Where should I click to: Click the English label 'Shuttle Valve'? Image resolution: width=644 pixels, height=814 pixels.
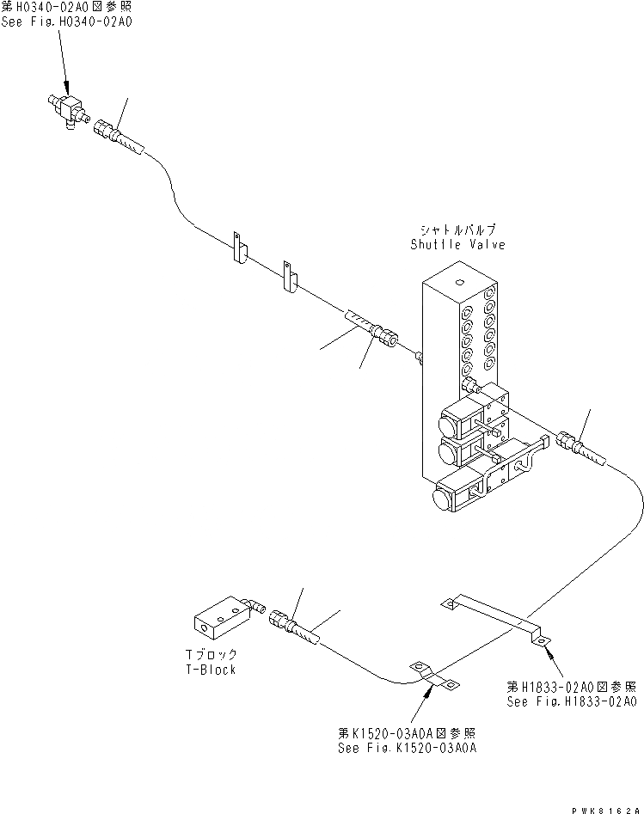click(457, 245)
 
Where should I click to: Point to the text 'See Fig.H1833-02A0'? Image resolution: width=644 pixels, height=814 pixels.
click(571, 701)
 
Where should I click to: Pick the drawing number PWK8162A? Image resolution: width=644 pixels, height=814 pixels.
click(607, 807)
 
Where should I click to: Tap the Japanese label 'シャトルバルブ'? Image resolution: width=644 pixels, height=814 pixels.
click(458, 230)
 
